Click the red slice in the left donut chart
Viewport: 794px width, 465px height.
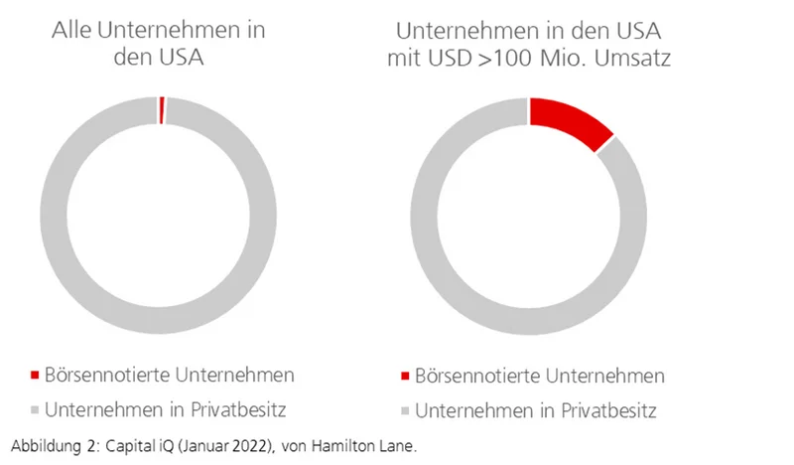(161, 110)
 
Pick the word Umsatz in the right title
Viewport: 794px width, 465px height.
(636, 58)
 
